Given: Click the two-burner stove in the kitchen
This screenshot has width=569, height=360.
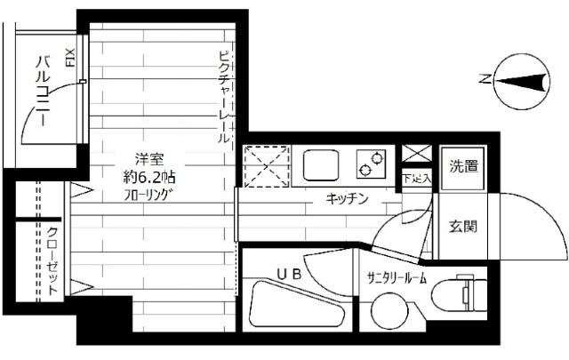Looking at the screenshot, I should (372, 164).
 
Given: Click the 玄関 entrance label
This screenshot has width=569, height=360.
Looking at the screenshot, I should (462, 226).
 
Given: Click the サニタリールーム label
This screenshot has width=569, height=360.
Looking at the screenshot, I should (397, 276).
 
